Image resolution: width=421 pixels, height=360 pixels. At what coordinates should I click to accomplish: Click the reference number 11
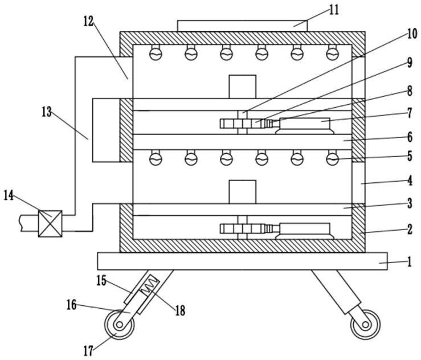[x=334, y=10]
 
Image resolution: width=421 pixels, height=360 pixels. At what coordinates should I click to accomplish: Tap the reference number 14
[x=9, y=195]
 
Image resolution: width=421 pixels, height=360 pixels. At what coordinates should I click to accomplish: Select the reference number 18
[x=180, y=311]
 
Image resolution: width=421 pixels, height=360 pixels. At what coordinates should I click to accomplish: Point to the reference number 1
[x=409, y=262]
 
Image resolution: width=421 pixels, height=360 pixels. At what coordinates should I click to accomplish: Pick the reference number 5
[x=410, y=156]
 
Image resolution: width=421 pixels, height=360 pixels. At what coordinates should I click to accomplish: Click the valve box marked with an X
[x=50, y=223]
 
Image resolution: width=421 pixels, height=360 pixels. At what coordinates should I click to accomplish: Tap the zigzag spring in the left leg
[x=150, y=285]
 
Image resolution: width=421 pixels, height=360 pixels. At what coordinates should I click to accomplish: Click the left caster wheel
[x=119, y=325]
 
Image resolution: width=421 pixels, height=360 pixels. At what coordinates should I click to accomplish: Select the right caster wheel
[x=365, y=325]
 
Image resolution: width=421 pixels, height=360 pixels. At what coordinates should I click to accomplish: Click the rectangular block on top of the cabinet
[x=242, y=26]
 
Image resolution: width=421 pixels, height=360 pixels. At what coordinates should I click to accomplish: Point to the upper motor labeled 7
[x=305, y=126]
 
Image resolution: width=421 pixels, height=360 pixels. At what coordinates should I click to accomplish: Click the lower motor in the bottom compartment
[x=305, y=231]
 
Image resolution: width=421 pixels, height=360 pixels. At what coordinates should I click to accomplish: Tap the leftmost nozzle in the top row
[x=156, y=52]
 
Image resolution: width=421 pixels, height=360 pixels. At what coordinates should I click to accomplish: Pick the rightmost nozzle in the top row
[x=332, y=52]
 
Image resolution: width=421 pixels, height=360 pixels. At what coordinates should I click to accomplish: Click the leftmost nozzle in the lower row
[x=156, y=158]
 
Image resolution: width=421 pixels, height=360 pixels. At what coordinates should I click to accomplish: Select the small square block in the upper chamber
[x=243, y=87]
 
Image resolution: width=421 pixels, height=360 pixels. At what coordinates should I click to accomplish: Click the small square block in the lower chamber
[x=243, y=192]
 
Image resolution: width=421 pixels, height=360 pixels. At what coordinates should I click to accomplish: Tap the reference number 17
[x=88, y=351]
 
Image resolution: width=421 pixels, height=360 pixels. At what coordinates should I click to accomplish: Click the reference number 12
[x=88, y=21]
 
